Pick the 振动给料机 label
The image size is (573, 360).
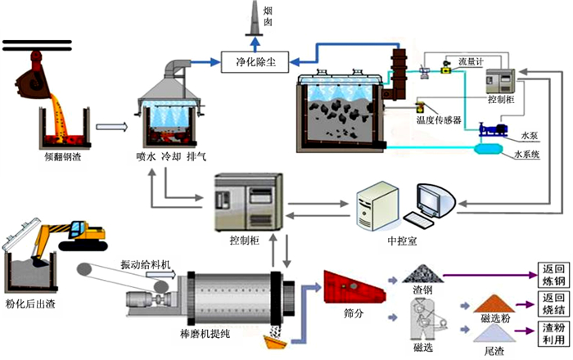[147, 263]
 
